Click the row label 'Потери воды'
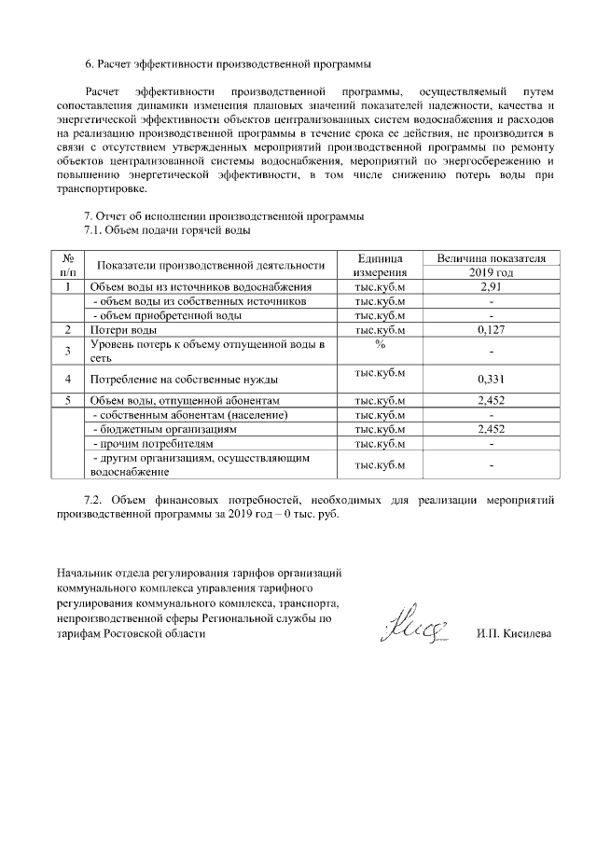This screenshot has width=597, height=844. coord(122,330)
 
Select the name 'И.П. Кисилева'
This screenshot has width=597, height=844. coord(513,634)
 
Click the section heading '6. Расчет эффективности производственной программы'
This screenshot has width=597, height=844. coord(228,64)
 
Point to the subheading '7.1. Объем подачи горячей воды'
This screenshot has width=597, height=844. coord(167,229)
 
